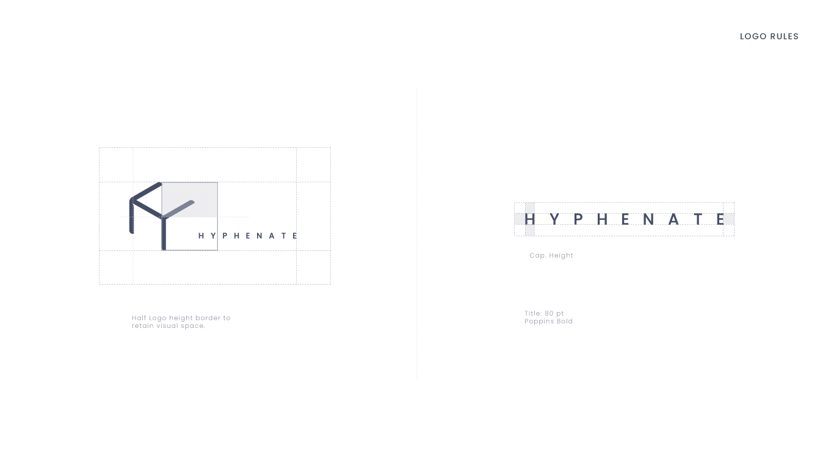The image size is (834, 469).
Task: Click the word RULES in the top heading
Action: click(784, 37)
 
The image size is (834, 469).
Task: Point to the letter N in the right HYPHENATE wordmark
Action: click(649, 219)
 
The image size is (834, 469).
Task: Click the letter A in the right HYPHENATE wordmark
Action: click(674, 219)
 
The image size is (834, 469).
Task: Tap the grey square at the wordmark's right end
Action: click(728, 219)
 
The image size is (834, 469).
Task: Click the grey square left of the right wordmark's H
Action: click(520, 219)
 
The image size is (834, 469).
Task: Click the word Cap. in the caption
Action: click(537, 255)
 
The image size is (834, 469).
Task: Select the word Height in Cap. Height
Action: click(560, 255)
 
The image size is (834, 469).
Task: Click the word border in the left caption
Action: click(208, 318)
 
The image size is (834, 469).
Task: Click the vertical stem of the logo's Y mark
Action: click(164, 235)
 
